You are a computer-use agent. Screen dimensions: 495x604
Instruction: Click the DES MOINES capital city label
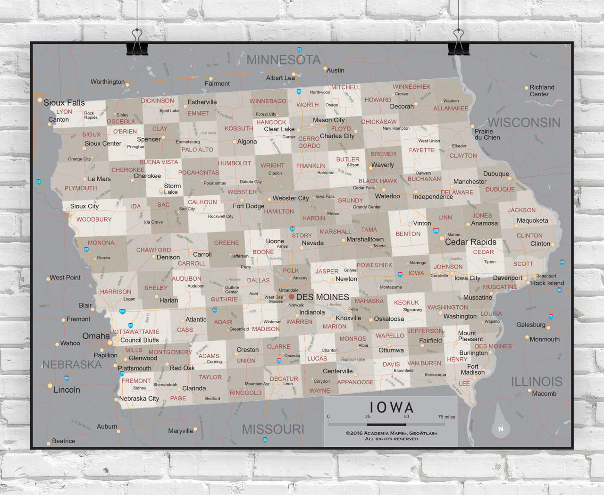click(x=323, y=297)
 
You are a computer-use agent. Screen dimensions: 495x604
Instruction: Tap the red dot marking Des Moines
click(x=292, y=297)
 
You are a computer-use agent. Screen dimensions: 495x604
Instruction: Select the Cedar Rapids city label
click(x=470, y=242)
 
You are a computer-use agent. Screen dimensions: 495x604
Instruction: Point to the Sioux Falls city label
click(x=64, y=103)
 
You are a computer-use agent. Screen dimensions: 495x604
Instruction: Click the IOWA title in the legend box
click(x=391, y=408)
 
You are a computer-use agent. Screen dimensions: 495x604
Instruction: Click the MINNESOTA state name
click(x=284, y=60)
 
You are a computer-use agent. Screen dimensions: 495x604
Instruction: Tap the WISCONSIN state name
click(x=524, y=123)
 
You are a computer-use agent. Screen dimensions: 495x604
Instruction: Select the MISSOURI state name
click(x=273, y=429)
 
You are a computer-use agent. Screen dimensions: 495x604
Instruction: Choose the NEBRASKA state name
click(x=72, y=365)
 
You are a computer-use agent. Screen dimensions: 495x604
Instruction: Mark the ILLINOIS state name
click(x=537, y=382)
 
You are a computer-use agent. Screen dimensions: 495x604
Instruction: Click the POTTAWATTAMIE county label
click(x=135, y=332)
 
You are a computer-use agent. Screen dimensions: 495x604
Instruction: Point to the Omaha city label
click(x=96, y=336)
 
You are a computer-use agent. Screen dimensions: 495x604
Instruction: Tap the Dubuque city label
click(x=496, y=174)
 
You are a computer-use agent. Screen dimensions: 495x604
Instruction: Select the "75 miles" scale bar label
click(x=446, y=417)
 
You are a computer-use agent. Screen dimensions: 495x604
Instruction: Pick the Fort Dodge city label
click(x=248, y=206)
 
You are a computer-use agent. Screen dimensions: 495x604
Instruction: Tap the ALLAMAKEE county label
click(x=451, y=109)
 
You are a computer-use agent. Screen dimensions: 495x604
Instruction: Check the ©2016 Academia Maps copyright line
click(x=391, y=433)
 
